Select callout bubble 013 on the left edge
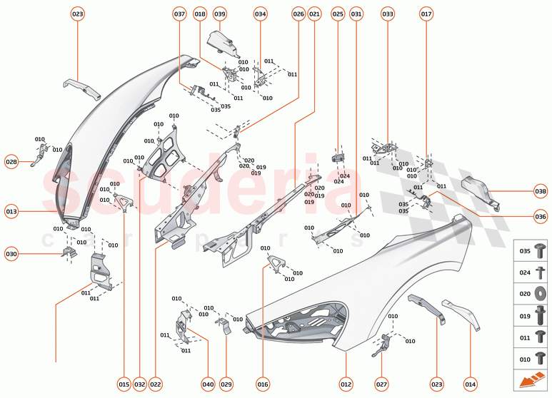point(11,212)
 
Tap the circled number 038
point(541,191)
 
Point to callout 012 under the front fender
point(346,384)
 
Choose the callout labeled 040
point(208,384)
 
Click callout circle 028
point(11,162)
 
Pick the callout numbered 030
point(11,253)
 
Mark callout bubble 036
point(541,216)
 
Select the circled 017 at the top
point(426,14)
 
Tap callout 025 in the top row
point(338,14)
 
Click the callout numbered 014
point(470,384)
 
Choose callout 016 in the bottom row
point(263,384)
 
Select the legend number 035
point(524,252)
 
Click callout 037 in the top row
point(179,14)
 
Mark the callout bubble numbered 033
point(388,14)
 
